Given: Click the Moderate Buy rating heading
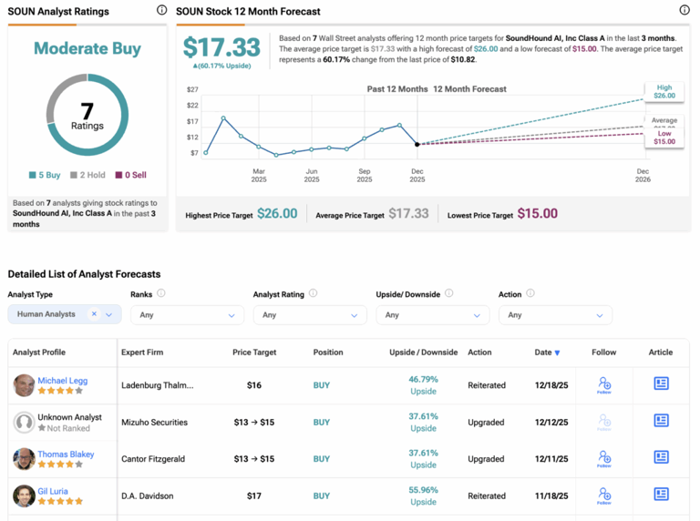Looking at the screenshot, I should tap(87, 48).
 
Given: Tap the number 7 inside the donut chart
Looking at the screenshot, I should tap(87, 110).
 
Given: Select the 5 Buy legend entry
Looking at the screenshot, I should tap(44, 175).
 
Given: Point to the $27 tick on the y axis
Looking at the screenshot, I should tap(192, 90).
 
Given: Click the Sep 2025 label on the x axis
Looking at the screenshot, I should tap(364, 176).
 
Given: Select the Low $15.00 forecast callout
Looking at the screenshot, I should tap(664, 138).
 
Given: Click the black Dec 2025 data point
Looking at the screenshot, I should tap(417, 144).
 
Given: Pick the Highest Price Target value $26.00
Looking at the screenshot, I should tap(277, 214).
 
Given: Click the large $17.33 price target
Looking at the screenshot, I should tap(221, 47).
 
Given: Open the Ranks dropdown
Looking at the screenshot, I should tap(187, 315).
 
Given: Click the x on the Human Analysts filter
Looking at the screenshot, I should tap(94, 314).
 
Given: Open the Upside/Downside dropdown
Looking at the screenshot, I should tap(432, 315).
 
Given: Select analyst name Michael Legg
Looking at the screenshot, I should tap(63, 380).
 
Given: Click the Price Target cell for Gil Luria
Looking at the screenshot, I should tap(254, 496).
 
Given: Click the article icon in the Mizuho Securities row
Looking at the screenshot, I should tap(661, 421).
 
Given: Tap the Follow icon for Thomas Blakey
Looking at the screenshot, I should tap(603, 458).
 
